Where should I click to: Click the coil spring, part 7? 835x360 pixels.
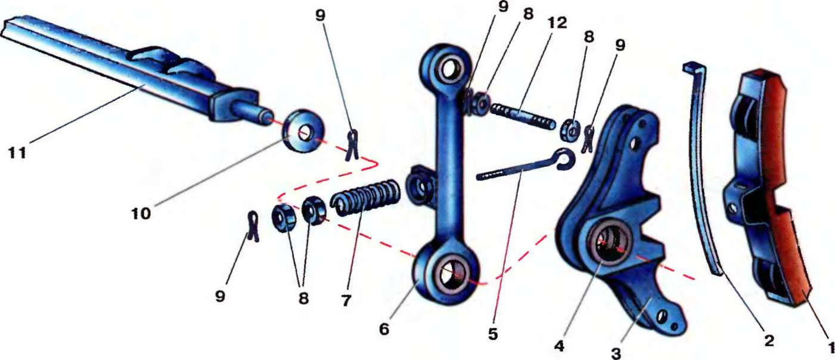365,198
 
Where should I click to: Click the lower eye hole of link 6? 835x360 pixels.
451,272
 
